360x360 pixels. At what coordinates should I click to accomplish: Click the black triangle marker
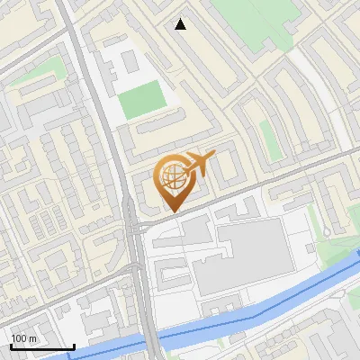tap(181, 24)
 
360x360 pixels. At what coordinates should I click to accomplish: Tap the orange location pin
tap(175, 180)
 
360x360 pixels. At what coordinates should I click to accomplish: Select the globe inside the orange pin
tap(173, 174)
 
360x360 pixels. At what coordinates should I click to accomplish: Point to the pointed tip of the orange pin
tap(174, 211)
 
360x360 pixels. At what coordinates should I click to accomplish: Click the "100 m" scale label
tap(24, 338)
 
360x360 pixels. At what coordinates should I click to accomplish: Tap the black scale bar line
tap(41, 346)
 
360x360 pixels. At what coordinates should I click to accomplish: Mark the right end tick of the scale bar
tap(73, 345)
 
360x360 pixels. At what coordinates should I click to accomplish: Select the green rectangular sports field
tap(141, 100)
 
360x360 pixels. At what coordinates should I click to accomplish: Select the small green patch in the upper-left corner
tap(49, 67)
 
